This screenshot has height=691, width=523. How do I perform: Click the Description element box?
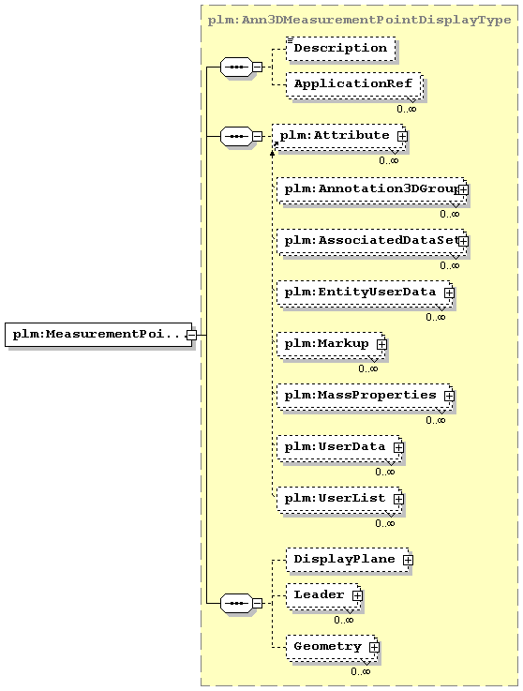click(x=340, y=49)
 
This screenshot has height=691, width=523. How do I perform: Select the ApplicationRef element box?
click(x=353, y=84)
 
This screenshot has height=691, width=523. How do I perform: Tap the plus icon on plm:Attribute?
click(x=402, y=137)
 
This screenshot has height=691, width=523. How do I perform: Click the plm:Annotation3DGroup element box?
click(x=372, y=190)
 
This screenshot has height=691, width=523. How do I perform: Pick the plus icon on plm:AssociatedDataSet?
click(x=463, y=241)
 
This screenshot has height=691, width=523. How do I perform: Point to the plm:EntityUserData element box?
click(x=365, y=293)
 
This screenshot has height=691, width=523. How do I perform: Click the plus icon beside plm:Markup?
click(x=381, y=344)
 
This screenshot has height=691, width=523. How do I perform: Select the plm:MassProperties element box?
click(x=365, y=397)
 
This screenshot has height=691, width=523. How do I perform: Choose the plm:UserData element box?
click(x=339, y=448)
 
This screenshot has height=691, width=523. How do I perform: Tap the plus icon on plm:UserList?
click(x=398, y=499)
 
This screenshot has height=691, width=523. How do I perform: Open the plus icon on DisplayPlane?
click(x=408, y=560)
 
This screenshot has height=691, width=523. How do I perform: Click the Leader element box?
click(x=323, y=595)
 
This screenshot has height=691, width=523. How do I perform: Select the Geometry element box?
click(x=332, y=647)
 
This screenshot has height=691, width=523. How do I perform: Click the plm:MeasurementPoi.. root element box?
click(x=98, y=335)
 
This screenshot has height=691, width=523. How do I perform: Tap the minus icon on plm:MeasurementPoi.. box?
click(x=191, y=335)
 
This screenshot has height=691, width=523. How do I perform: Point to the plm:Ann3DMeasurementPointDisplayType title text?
click(x=359, y=21)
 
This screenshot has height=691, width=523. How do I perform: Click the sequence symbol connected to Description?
click(x=236, y=67)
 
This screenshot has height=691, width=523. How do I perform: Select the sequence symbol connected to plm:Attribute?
click(x=236, y=137)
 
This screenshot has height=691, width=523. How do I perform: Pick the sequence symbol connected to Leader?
click(x=236, y=603)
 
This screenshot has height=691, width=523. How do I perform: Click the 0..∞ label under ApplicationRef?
click(x=406, y=109)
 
